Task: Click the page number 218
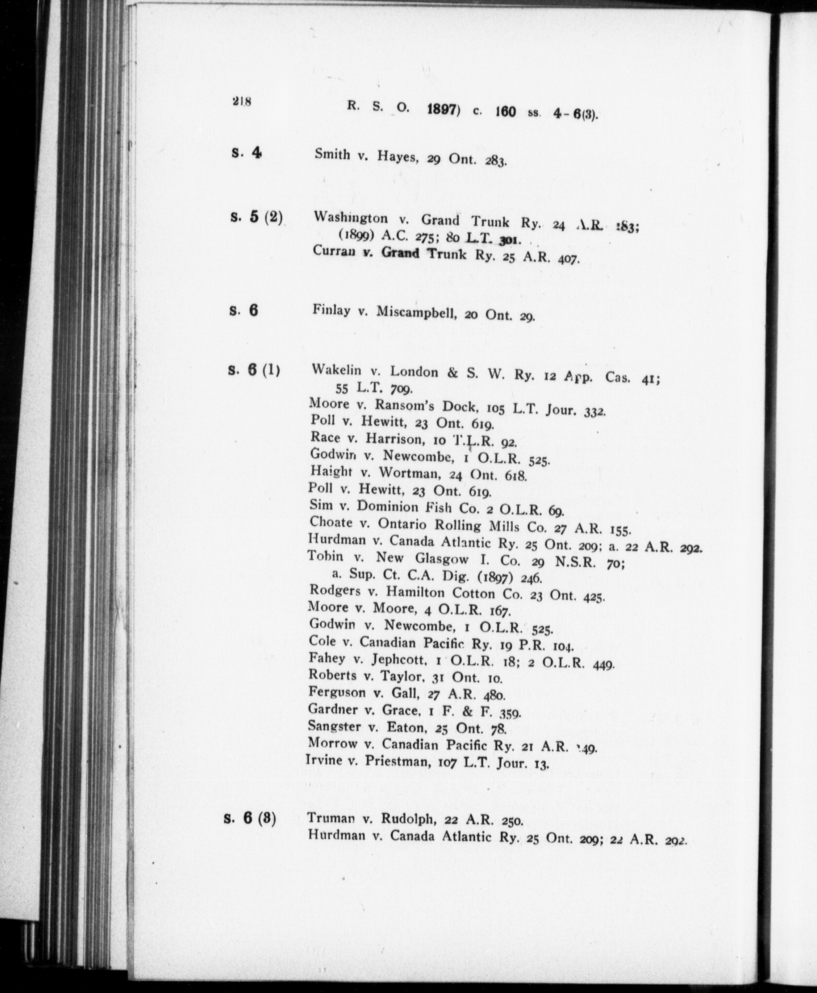pos(242,103)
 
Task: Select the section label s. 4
pos(246,153)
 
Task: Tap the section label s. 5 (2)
pos(256,217)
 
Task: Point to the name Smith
pos(332,155)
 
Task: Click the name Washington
pos(351,218)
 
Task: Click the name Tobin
pos(325,557)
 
